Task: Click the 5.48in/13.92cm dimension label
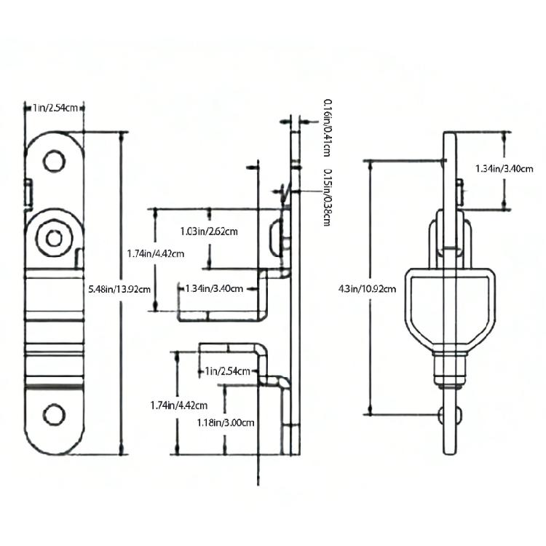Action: coord(119,289)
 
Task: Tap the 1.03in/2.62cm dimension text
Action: coord(209,232)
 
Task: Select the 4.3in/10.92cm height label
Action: coord(367,289)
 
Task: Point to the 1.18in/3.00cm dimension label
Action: coord(226,423)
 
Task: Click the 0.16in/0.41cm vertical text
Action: coord(328,127)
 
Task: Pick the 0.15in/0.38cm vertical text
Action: coord(328,197)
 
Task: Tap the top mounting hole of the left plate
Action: coord(54,161)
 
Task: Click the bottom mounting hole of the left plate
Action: coord(54,414)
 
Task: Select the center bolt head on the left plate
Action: coord(54,239)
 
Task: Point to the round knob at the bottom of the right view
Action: coord(450,415)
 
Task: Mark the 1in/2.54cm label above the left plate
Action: coord(55,108)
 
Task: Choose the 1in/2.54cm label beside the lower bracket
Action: coord(227,371)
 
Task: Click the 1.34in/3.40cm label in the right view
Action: coord(505,169)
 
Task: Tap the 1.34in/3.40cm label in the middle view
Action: coord(214,289)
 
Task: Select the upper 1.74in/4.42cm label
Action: coord(155,254)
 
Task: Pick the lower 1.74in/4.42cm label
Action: coord(179,405)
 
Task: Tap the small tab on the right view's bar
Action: coord(459,192)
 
